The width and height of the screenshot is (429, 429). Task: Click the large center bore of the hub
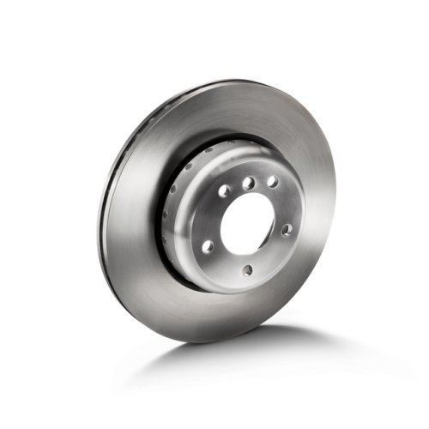250,226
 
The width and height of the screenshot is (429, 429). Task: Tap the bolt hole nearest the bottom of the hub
248,270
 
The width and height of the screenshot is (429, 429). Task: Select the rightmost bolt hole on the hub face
287,229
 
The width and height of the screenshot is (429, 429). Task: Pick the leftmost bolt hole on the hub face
207,246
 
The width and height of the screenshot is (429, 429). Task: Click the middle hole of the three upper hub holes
248,183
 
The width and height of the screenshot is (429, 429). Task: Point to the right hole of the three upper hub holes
272,182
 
